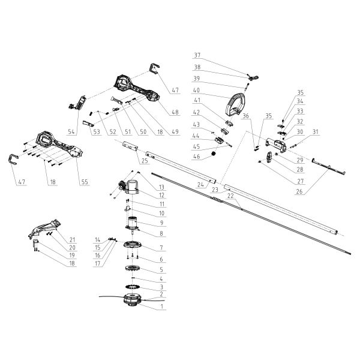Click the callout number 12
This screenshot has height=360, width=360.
(x=160, y=194)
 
